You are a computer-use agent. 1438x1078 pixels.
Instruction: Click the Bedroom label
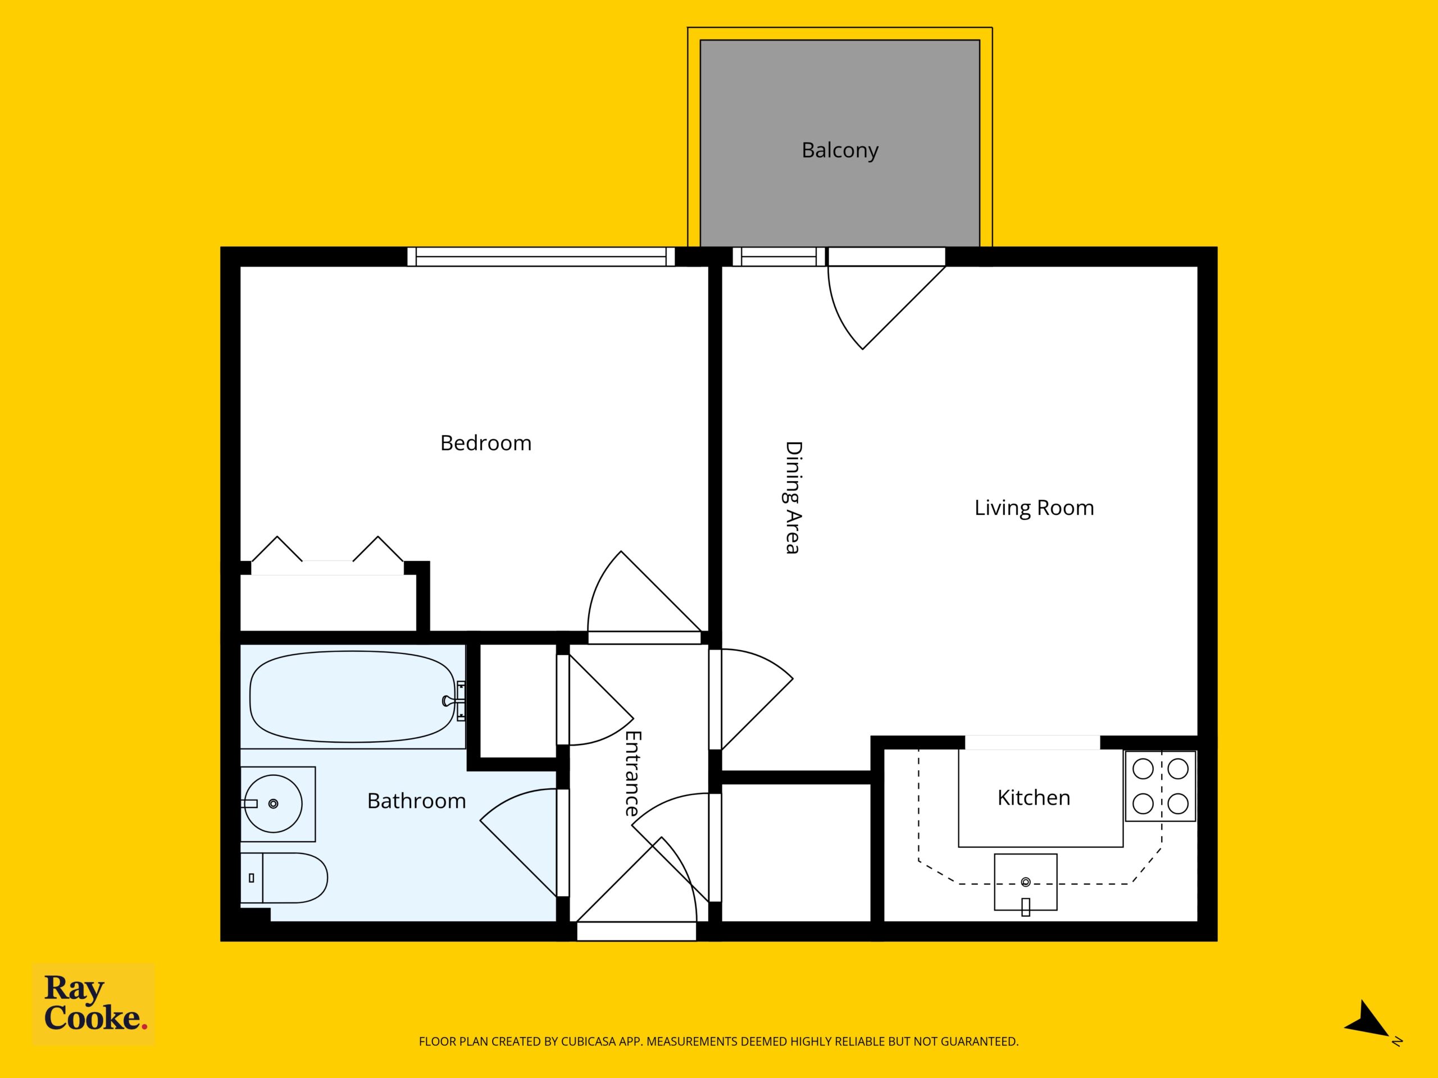click(486, 443)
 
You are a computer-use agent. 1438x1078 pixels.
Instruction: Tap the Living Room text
click(1034, 508)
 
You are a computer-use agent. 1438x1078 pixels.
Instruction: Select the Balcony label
click(840, 150)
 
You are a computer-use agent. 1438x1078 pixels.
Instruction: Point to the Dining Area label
click(793, 498)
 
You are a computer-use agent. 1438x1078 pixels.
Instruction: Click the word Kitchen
click(1034, 797)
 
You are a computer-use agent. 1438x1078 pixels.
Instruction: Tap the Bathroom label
click(417, 801)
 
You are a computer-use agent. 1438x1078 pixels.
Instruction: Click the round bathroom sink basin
click(273, 804)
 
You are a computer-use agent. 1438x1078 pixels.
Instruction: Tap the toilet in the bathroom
click(284, 878)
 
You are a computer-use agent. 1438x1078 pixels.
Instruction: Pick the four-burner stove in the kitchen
click(1161, 786)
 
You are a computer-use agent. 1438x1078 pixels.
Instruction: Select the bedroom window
click(541, 257)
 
